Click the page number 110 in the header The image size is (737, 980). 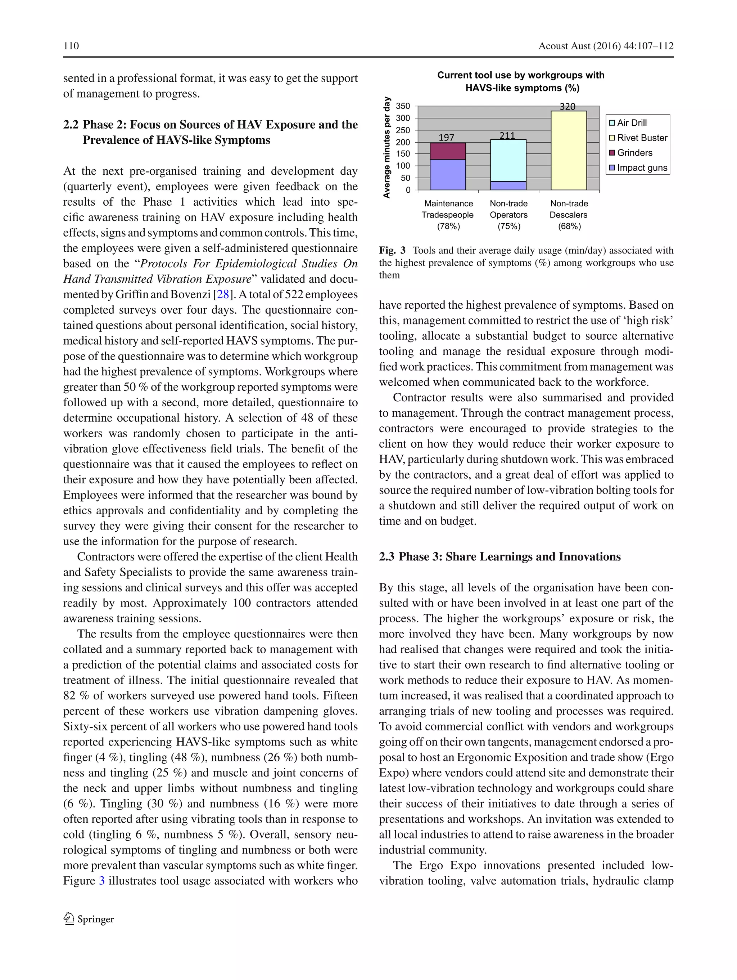(71, 46)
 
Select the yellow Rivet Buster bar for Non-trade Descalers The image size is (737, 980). (568, 151)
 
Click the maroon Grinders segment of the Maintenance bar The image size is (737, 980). (448, 151)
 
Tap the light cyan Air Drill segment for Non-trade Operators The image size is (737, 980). (508, 160)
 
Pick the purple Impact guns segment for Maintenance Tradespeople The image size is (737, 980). (448, 175)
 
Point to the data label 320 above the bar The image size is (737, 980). (568, 107)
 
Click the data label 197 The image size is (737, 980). (446, 137)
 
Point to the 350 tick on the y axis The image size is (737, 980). (403, 106)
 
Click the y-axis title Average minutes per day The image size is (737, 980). (387, 147)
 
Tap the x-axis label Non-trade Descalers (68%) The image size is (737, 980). (569, 215)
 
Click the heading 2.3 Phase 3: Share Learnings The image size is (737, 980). (500, 556)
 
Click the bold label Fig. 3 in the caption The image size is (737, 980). (392, 250)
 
